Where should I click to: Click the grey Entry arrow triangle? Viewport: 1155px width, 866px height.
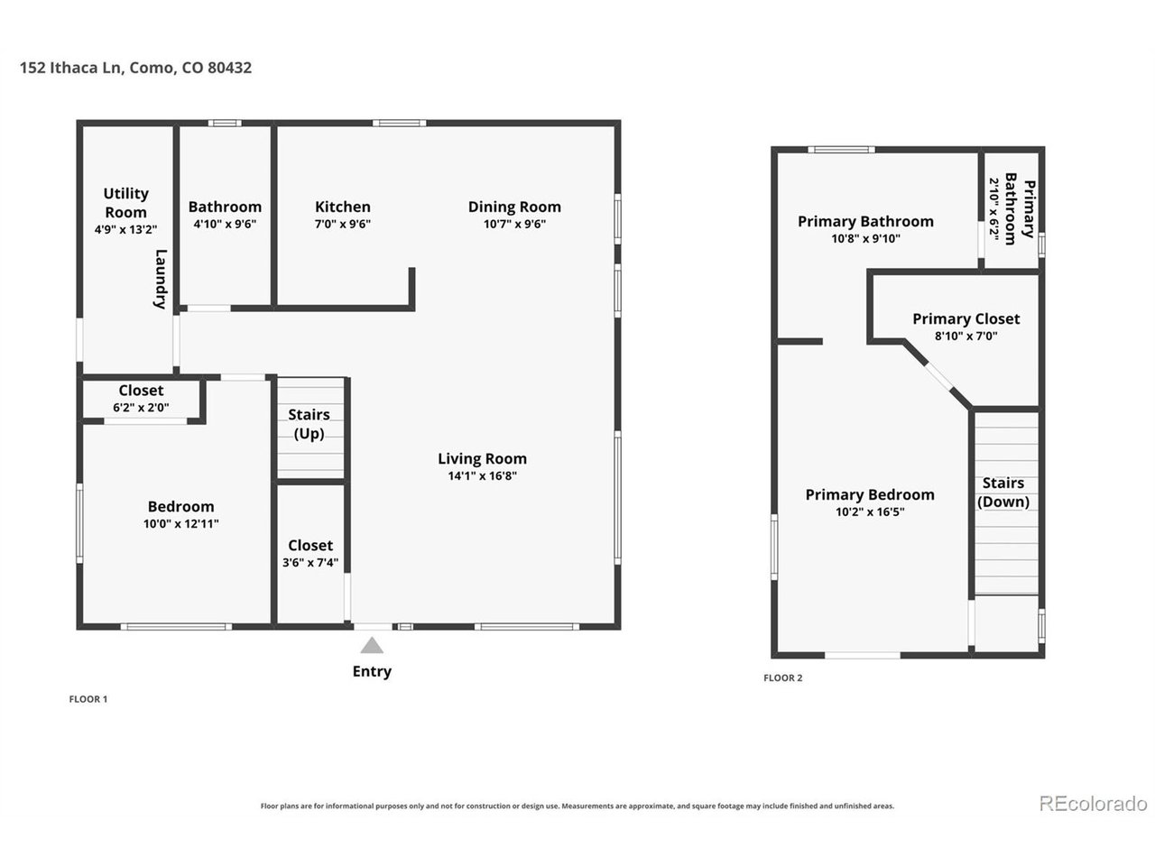372,645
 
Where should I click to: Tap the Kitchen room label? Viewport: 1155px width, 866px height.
343,207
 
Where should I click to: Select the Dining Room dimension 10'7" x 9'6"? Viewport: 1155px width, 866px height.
514,224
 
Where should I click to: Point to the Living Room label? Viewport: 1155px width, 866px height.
482,459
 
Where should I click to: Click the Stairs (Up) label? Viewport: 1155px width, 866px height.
309,424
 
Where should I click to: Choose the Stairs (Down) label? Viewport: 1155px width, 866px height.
1003,493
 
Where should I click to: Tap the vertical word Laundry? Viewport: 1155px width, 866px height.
161,280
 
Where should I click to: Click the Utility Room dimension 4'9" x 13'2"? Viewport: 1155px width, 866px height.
125,229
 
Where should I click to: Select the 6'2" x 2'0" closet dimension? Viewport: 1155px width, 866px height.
141,408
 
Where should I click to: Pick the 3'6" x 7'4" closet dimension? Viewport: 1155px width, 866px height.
310,563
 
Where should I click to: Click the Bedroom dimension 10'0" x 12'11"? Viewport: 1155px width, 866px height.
181,524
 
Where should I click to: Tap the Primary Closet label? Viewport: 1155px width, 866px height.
966,319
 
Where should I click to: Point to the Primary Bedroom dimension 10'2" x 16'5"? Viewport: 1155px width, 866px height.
870,511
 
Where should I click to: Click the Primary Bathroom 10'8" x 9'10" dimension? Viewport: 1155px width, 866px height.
865,239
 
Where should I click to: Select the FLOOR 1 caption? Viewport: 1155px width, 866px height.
88,699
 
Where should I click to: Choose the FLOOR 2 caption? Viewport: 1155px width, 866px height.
783,677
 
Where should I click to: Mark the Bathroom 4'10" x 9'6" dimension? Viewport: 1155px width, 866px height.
225,224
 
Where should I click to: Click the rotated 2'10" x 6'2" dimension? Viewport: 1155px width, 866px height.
993,209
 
